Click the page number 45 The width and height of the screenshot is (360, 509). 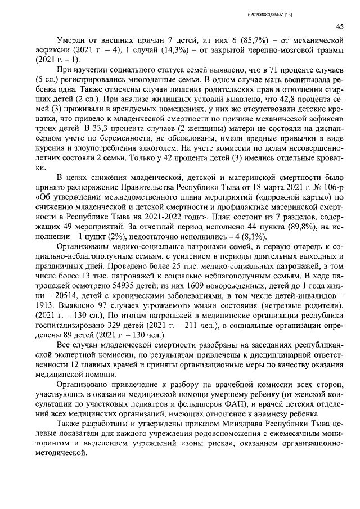pyautogui.click(x=340, y=26)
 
